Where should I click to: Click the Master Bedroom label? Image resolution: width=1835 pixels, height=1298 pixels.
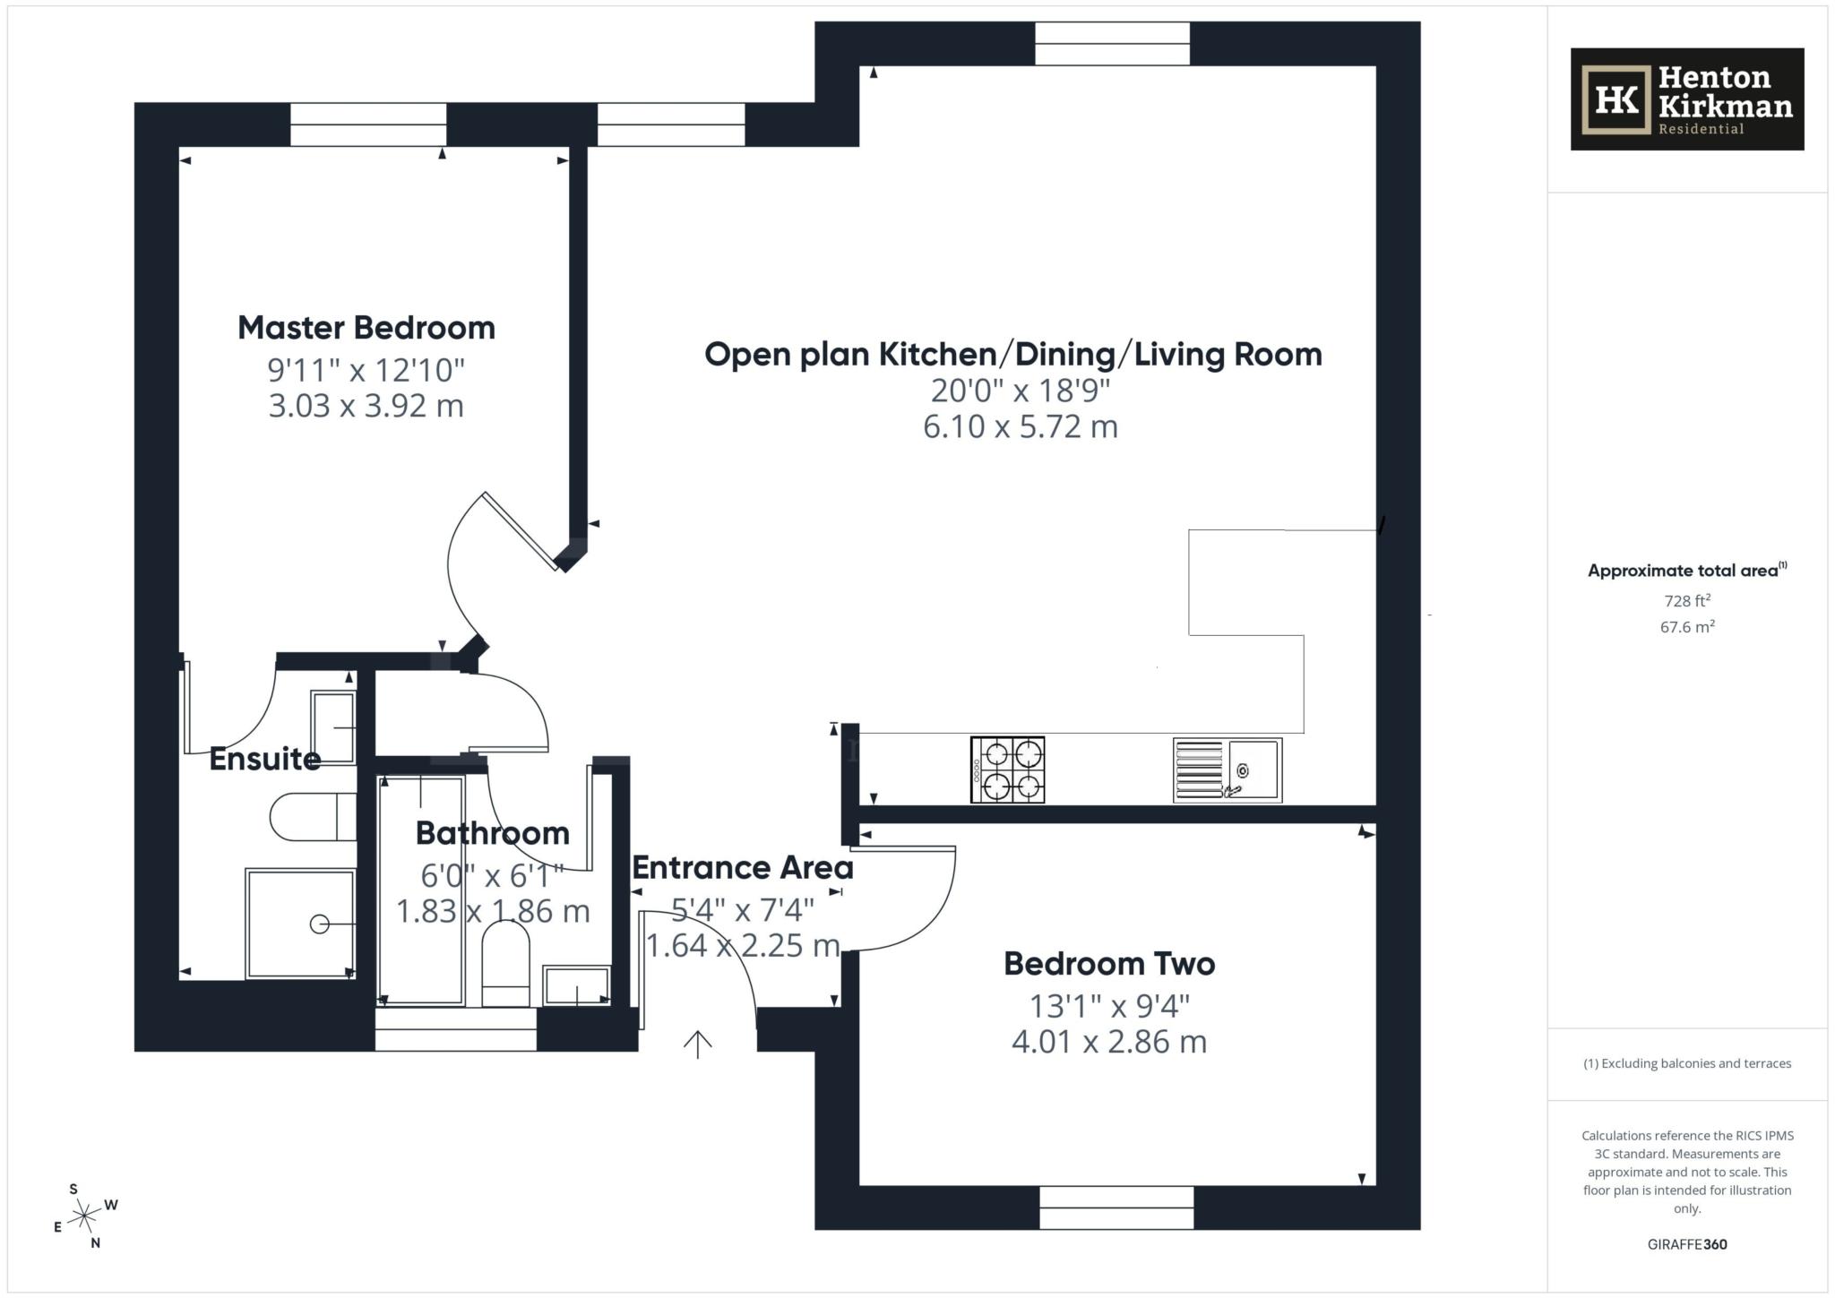coord(366,328)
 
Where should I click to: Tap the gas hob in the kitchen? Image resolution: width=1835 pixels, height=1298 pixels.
coord(1007,769)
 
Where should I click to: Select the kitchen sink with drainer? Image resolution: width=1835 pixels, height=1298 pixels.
coord(1228,769)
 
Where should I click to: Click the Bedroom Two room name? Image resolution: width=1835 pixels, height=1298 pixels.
coord(1108,964)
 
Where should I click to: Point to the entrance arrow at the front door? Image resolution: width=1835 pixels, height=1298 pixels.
coord(698,1044)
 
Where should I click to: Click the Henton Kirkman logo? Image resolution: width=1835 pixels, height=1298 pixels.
coord(1686,99)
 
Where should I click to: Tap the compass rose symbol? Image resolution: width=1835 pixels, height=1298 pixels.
coord(84,1216)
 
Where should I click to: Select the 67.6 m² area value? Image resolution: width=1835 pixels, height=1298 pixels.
coord(1686,627)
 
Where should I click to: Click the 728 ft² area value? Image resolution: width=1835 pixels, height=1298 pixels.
coord(1686,601)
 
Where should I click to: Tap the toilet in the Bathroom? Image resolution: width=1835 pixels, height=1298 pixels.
coord(506,966)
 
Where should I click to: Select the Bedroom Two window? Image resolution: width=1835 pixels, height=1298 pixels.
coord(1116,1208)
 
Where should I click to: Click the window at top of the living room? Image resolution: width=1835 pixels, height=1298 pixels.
coord(1112,44)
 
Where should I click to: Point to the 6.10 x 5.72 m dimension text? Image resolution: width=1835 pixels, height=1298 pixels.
coord(1020,426)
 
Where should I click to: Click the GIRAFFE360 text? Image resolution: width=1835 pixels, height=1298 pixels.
coord(1686,1244)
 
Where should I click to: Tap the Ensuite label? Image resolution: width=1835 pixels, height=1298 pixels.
coord(264,759)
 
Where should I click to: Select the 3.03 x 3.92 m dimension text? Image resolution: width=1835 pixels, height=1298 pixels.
coord(366,406)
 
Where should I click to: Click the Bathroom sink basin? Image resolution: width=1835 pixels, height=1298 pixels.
coord(576,985)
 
